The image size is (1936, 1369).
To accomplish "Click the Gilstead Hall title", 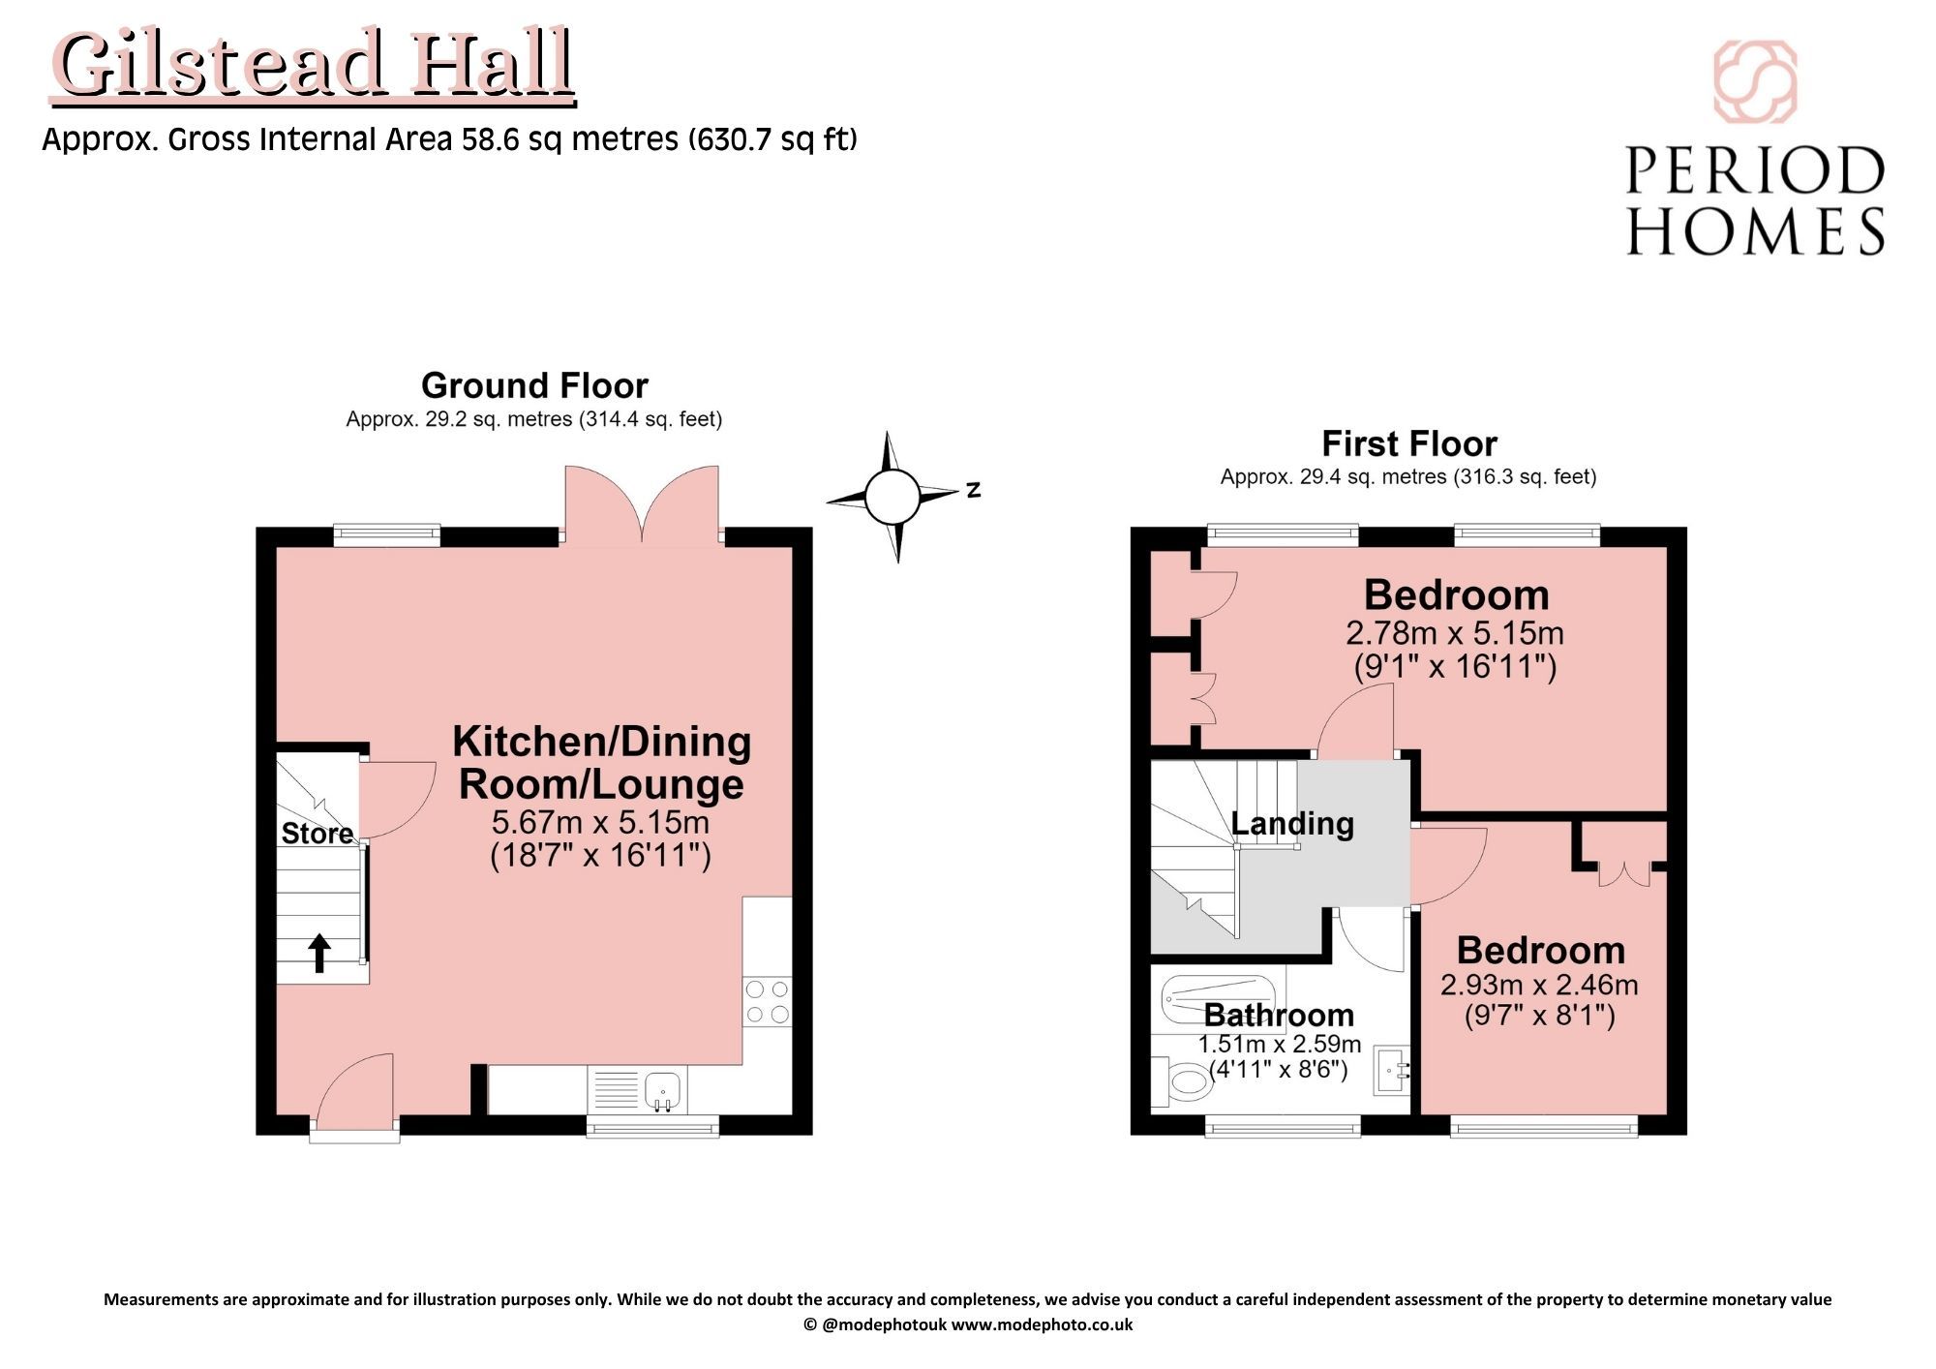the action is coord(313,65).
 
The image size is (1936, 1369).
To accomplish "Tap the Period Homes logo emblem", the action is coord(1755,82).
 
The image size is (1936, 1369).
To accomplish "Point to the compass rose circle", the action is coord(892,497).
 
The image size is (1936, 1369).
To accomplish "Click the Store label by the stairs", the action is coord(317,834).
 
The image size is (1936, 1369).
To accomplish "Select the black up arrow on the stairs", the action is coord(319,954).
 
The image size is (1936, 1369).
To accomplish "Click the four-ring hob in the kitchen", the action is coord(768,1002).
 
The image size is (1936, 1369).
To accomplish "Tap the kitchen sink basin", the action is coord(664,1090).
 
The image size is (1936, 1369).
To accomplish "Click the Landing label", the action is coord(1292,824).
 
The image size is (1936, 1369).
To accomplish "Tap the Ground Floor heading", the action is coord(534,385).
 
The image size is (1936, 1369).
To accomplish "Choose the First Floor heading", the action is coord(1409,443).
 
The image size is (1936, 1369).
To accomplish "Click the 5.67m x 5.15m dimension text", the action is coord(600,823).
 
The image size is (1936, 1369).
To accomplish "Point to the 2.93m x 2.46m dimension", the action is coord(1539,985).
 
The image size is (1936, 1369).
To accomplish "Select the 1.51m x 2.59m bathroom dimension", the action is coord(1280,1045).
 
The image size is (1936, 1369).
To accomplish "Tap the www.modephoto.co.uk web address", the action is coord(1042,1324).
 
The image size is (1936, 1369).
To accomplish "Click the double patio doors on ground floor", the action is coord(642,503).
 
